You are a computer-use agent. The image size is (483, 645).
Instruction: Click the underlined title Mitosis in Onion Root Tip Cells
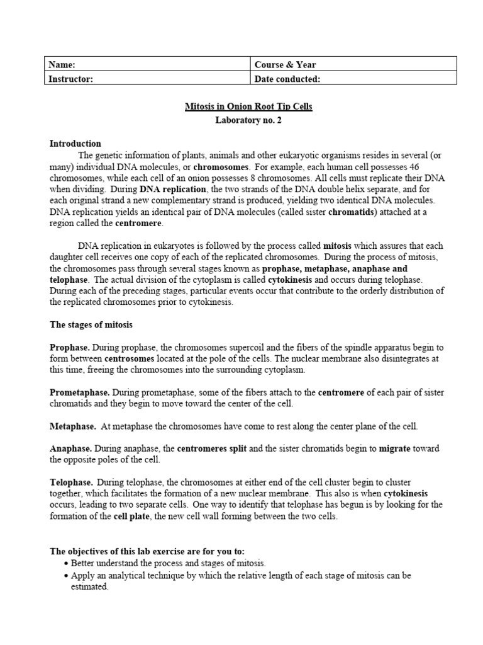tap(248, 107)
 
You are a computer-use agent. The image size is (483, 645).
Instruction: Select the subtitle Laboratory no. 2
tap(248, 120)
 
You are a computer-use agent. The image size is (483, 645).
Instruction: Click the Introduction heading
tap(75, 144)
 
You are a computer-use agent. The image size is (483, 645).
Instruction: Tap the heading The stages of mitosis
tap(91, 325)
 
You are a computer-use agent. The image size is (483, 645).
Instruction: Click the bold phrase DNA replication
tap(172, 189)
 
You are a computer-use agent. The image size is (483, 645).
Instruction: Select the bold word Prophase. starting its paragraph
tap(70, 348)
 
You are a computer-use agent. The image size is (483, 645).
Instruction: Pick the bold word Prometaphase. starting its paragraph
tap(79, 392)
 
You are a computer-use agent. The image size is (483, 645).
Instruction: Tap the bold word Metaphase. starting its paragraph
tap(73, 426)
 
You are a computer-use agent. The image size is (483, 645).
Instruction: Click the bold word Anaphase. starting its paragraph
tap(71, 449)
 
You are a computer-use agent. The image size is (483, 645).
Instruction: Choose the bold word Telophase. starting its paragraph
tap(72, 482)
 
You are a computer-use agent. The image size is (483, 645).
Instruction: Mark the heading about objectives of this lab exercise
tap(147, 551)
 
